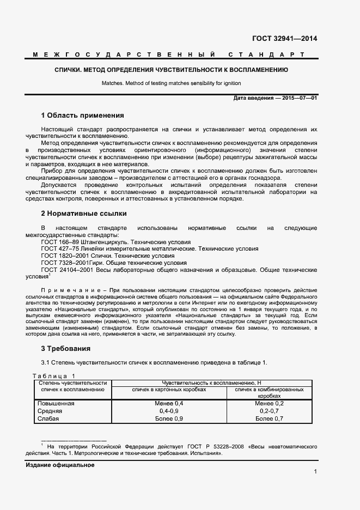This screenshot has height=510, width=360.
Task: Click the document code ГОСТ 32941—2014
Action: click(x=284, y=39)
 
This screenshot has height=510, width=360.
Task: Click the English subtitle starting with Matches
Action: click(x=171, y=83)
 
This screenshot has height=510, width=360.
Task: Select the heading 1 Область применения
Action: click(x=83, y=116)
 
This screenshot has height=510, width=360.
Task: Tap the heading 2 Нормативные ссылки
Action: click(x=84, y=214)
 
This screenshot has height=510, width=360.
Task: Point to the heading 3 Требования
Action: click(x=66, y=348)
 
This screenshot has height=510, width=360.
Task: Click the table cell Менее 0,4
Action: click(x=169, y=403)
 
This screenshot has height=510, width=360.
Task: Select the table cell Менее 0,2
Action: click(x=269, y=403)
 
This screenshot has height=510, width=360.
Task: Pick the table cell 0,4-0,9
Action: click(x=169, y=411)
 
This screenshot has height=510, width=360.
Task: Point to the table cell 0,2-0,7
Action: click(x=269, y=411)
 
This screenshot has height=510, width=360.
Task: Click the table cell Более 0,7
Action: click(x=269, y=418)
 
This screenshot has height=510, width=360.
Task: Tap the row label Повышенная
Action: click(x=55, y=403)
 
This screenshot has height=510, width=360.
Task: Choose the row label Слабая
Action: click(x=47, y=418)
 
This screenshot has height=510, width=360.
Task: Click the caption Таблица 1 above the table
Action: click(x=54, y=376)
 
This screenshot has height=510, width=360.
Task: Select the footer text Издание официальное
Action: click(x=60, y=465)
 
